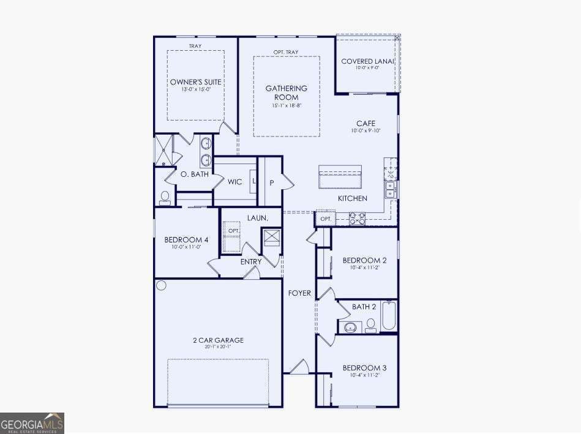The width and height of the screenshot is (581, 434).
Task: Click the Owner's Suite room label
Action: tap(195, 82)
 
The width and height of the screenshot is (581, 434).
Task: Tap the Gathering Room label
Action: tap(286, 92)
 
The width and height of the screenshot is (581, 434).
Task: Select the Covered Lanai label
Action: tap(367, 61)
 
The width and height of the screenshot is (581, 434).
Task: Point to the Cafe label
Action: tap(366, 124)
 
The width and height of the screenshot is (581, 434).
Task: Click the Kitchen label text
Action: tap(353, 198)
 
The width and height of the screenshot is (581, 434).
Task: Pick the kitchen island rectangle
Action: tap(340, 178)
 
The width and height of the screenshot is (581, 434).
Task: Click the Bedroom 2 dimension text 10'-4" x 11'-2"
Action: tap(364, 268)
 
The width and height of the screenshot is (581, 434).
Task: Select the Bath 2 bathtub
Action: tap(389, 316)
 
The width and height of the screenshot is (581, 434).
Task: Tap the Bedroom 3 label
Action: tap(364, 368)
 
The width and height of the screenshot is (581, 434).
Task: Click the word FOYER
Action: tap(299, 293)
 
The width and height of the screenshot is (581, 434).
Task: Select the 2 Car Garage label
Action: tap(219, 340)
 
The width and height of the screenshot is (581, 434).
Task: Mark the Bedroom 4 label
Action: tap(186, 240)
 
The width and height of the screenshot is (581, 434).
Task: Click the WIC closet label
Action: tap(235, 182)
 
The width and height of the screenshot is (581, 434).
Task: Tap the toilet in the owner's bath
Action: tap(164, 197)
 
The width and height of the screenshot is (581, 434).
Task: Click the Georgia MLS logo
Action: tap(32, 423)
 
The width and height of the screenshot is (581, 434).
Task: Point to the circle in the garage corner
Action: tap(161, 285)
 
